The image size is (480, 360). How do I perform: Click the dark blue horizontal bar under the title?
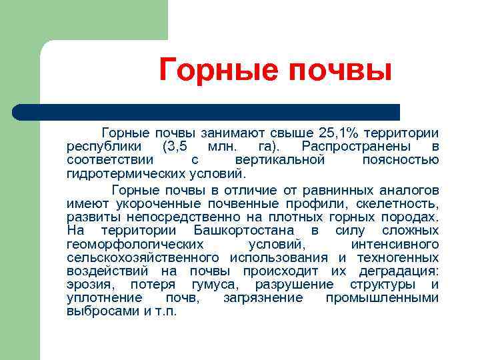pos(207,111)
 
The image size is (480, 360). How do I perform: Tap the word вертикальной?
pos(280,160)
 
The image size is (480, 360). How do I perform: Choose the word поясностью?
pos(400,160)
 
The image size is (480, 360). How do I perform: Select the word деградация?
pos(399,271)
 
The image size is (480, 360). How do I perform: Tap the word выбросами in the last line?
pos(103,311)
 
